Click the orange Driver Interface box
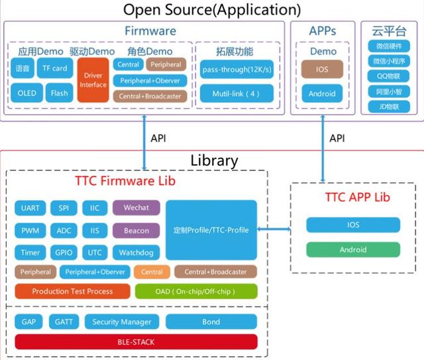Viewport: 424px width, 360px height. [x=93, y=80]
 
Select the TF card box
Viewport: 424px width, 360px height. [x=55, y=68]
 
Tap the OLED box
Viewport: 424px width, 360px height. [x=27, y=93]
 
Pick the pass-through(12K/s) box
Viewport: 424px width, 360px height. [x=237, y=69]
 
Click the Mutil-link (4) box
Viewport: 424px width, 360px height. [x=237, y=93]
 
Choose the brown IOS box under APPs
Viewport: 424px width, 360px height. [x=322, y=69]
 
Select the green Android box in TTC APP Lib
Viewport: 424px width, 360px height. [x=353, y=250]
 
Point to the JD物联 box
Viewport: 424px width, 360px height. [x=389, y=106]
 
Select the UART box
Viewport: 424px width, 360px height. [x=30, y=208]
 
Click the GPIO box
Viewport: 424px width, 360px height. [x=64, y=253]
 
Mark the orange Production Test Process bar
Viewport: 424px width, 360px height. [x=72, y=291]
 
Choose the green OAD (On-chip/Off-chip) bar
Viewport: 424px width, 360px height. [x=196, y=291]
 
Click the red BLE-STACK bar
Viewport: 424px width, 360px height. [x=136, y=342]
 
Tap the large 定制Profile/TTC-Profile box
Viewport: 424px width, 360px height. [x=211, y=230]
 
